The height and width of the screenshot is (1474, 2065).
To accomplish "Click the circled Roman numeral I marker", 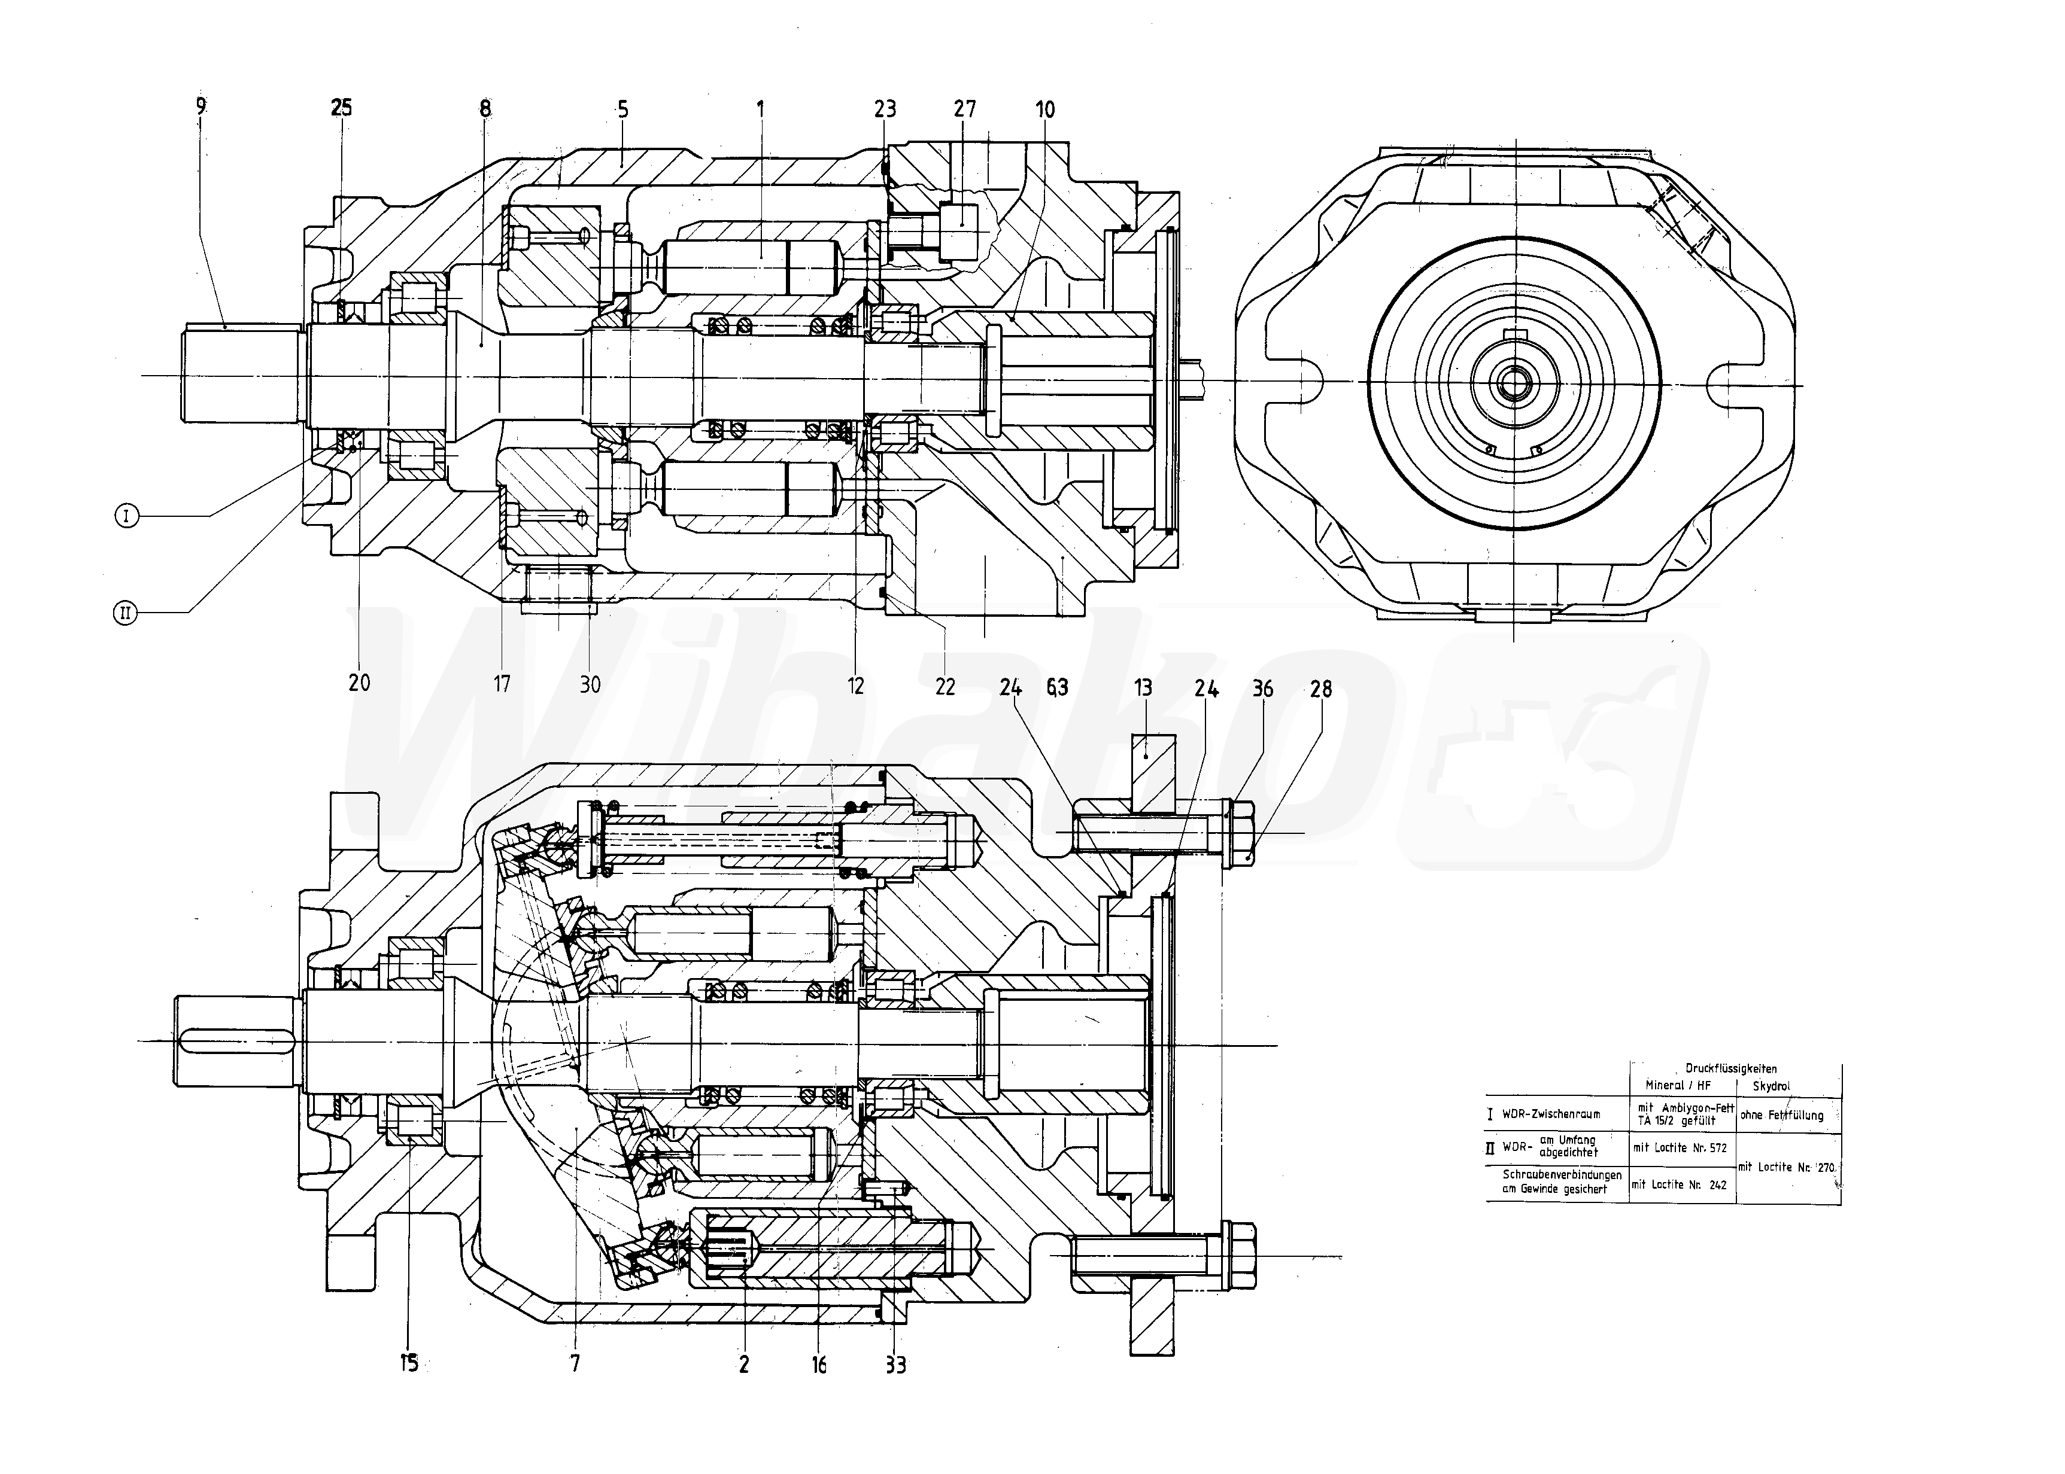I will pos(127,516).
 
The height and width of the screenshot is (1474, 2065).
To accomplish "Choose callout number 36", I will pos(1262,689).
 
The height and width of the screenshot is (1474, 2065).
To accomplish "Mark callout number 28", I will pos(1321,689).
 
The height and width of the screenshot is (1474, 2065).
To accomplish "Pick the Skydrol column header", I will pos(1771,1086).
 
